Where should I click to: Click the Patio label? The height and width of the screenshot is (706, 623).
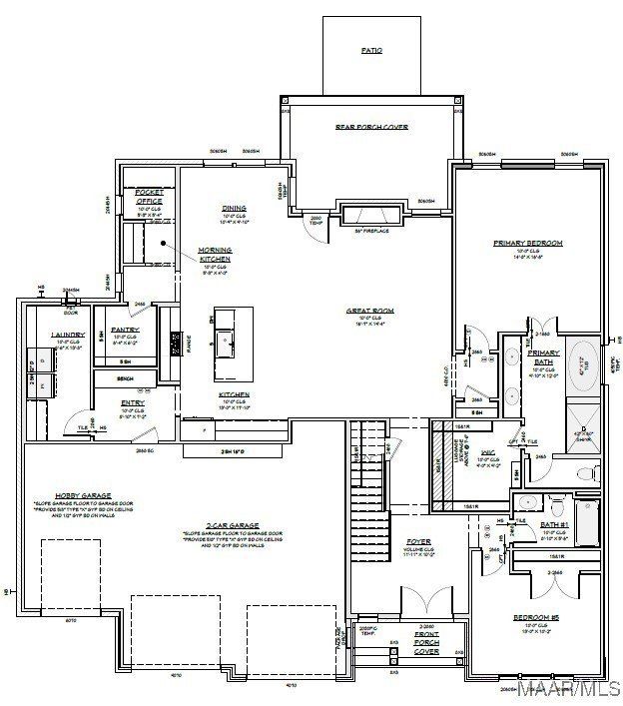(x=371, y=50)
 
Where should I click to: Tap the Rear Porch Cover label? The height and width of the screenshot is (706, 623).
(x=371, y=127)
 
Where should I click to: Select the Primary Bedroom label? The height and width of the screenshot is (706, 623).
(x=528, y=243)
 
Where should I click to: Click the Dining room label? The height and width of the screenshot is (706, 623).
(x=234, y=209)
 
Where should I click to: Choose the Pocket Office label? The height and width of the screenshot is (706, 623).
(x=149, y=195)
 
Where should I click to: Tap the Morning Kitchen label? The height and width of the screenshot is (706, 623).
(x=216, y=254)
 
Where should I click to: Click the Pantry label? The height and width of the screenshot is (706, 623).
(x=125, y=330)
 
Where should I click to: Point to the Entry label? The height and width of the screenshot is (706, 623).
(x=133, y=403)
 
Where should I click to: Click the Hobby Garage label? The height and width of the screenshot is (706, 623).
(x=84, y=494)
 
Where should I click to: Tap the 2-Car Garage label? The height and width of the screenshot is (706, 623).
(x=233, y=525)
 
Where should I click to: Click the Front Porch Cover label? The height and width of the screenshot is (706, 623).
(x=426, y=643)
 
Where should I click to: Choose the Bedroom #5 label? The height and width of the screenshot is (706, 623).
(x=536, y=619)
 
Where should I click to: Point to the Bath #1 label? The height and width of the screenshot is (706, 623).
(x=555, y=525)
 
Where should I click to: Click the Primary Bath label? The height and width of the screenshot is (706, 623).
(x=544, y=356)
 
